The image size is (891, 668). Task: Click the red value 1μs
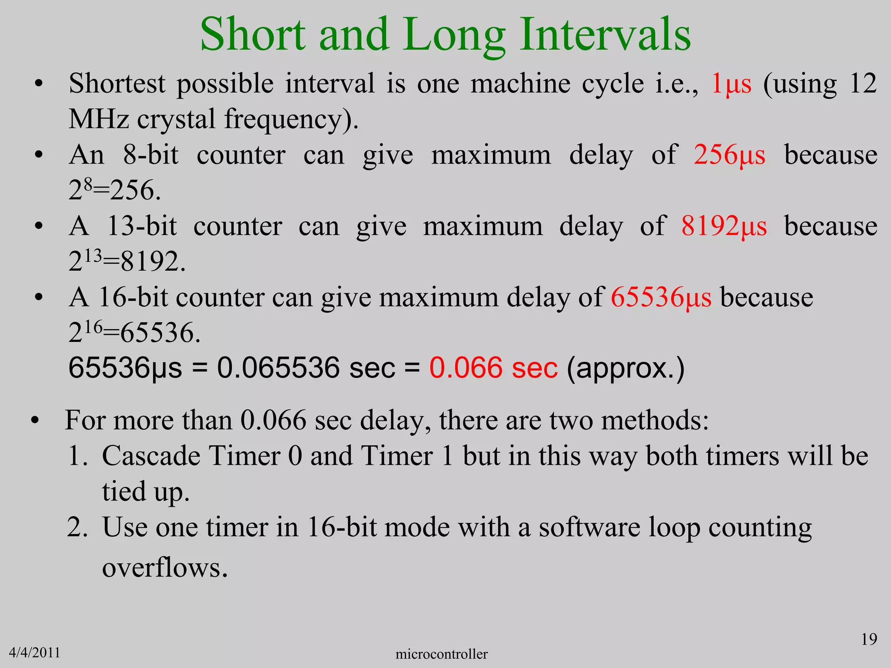click(x=731, y=83)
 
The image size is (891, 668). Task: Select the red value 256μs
click(x=730, y=155)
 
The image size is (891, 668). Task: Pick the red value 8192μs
click(x=724, y=226)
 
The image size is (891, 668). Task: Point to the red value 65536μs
click(x=661, y=297)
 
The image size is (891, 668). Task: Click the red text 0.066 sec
click(x=493, y=368)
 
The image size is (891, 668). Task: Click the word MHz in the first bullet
click(x=99, y=119)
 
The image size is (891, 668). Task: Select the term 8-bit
click(x=151, y=155)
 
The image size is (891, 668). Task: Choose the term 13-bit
click(x=142, y=226)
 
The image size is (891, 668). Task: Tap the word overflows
click(x=165, y=568)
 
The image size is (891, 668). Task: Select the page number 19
click(x=869, y=639)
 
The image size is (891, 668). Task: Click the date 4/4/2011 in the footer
click(x=34, y=653)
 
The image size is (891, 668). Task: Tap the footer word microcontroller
click(x=442, y=654)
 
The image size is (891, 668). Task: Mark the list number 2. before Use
click(x=77, y=527)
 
